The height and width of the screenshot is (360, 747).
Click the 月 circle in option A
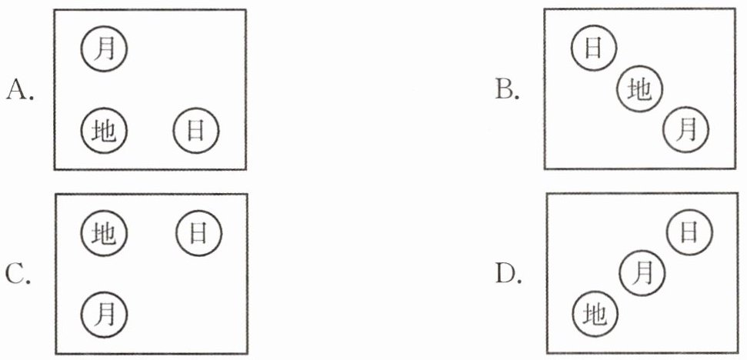click(x=105, y=48)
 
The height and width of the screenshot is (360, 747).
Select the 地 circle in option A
click(x=105, y=131)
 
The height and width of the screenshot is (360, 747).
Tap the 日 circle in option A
click(x=196, y=131)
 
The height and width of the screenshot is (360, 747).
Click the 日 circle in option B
click(x=593, y=48)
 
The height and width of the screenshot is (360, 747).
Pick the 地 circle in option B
click(x=639, y=91)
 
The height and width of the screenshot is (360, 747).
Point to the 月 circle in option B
click(x=686, y=131)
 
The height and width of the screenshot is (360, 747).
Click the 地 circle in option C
click(x=105, y=232)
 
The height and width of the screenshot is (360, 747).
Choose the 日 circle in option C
click(x=198, y=232)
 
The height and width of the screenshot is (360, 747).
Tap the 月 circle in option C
click(x=105, y=313)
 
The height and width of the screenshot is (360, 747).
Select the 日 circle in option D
click(x=689, y=232)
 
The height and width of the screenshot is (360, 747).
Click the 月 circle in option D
click(x=642, y=272)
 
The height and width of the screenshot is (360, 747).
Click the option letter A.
click(x=20, y=92)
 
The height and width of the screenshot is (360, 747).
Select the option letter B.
click(x=509, y=92)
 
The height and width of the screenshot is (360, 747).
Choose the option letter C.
click(x=20, y=274)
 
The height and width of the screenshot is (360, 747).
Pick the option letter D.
click(x=509, y=274)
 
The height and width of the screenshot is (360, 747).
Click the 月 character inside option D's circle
click(x=642, y=272)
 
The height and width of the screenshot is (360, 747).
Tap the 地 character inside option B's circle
click(x=639, y=91)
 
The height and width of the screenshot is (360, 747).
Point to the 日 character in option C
click(x=198, y=232)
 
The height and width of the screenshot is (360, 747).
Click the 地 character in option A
click(x=105, y=131)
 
